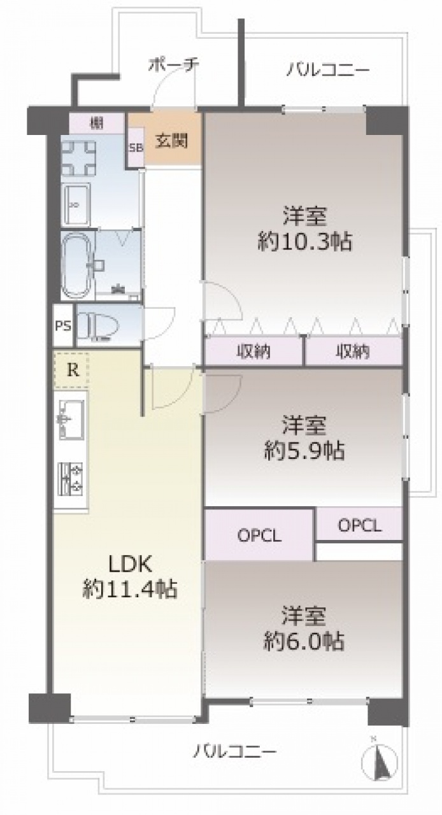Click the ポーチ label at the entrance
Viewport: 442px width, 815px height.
(x=173, y=65)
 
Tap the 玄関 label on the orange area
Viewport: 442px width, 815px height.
(x=171, y=141)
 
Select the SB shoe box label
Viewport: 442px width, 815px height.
(x=136, y=148)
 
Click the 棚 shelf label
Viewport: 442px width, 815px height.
(x=97, y=124)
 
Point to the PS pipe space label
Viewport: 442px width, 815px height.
(x=63, y=325)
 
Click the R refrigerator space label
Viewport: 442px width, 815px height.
(x=73, y=371)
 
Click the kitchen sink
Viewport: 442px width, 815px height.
(x=71, y=419)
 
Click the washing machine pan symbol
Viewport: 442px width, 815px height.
(x=78, y=158)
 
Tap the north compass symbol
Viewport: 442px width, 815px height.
(x=380, y=753)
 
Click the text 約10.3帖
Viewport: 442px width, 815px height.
(x=304, y=241)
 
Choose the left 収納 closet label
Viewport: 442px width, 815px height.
(x=253, y=351)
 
